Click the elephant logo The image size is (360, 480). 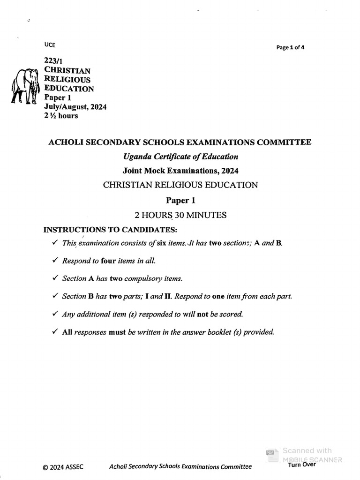click(x=25, y=86)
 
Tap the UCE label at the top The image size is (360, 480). click(x=49, y=45)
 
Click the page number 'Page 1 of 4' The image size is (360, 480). click(x=291, y=47)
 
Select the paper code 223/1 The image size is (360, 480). click(x=52, y=61)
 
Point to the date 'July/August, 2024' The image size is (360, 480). click(x=75, y=107)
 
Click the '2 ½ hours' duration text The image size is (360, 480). click(x=61, y=116)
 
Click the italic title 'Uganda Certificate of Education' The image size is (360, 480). click(x=180, y=157)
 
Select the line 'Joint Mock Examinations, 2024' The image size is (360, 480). click(x=180, y=171)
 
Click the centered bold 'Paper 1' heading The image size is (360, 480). click(x=180, y=200)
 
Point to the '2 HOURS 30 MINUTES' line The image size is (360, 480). click(x=180, y=215)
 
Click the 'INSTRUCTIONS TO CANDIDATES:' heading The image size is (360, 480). click(x=110, y=230)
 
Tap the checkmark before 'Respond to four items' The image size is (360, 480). click(x=55, y=260)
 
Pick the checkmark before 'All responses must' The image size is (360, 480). click(x=55, y=332)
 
